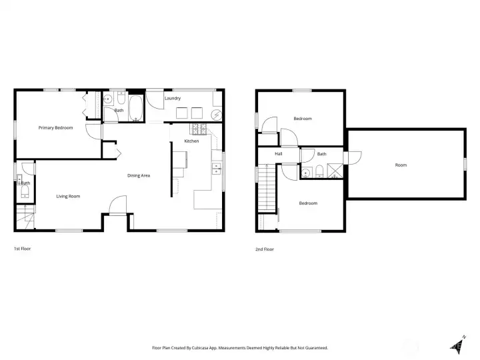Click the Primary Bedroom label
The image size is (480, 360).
pyautogui.click(x=55, y=127)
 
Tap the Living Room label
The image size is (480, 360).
pyautogui.click(x=68, y=196)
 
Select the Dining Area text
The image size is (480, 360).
pyautogui.click(x=139, y=175)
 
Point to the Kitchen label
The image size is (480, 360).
pyautogui.click(x=191, y=141)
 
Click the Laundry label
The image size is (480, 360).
pyautogui.click(x=173, y=99)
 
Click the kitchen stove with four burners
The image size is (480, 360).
pyautogui.click(x=199, y=128)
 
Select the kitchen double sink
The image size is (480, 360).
pyautogui.click(x=216, y=167)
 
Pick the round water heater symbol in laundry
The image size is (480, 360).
pyautogui.click(x=217, y=115)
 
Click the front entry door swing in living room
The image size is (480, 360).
pyautogui.click(x=117, y=204)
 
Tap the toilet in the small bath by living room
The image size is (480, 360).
pyautogui.click(x=24, y=192)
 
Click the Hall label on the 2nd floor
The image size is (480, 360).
pyautogui.click(x=279, y=154)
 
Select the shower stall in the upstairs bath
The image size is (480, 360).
pyautogui.click(x=337, y=171)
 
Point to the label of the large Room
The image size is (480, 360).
pyautogui.click(x=401, y=165)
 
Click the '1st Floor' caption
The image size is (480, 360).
pyautogui.click(x=22, y=249)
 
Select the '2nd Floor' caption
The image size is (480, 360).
pyautogui.click(x=265, y=249)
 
